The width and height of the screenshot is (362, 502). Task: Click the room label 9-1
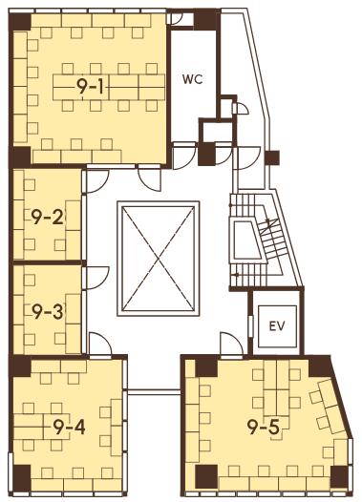90,87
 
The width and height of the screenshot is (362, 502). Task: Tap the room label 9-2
47,218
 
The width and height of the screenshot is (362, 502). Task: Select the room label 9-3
48,312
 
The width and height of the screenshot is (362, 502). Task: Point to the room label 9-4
69,428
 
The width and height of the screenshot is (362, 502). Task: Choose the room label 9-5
264,428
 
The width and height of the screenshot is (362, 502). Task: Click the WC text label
193,79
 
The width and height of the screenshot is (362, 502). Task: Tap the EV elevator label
277,326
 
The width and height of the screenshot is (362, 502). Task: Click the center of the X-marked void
159,259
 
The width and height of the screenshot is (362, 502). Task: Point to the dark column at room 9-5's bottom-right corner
339,476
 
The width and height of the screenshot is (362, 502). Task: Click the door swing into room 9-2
96,181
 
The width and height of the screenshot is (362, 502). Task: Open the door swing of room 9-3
96,278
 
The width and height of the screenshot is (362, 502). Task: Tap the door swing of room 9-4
100,344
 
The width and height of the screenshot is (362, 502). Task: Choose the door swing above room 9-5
231,344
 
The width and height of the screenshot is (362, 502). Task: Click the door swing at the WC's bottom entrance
184,157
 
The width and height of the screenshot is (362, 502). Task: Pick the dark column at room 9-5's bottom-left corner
206,476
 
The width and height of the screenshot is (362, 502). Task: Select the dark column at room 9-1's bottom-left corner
21,157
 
